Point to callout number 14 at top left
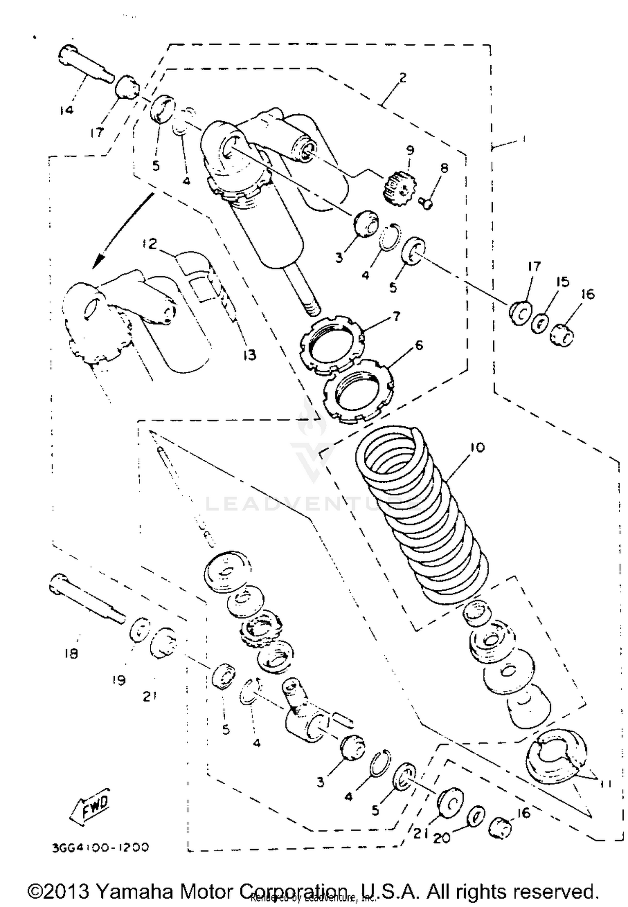(66, 110)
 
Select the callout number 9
(409, 150)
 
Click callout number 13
(250, 355)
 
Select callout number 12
(151, 243)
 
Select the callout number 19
(119, 680)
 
